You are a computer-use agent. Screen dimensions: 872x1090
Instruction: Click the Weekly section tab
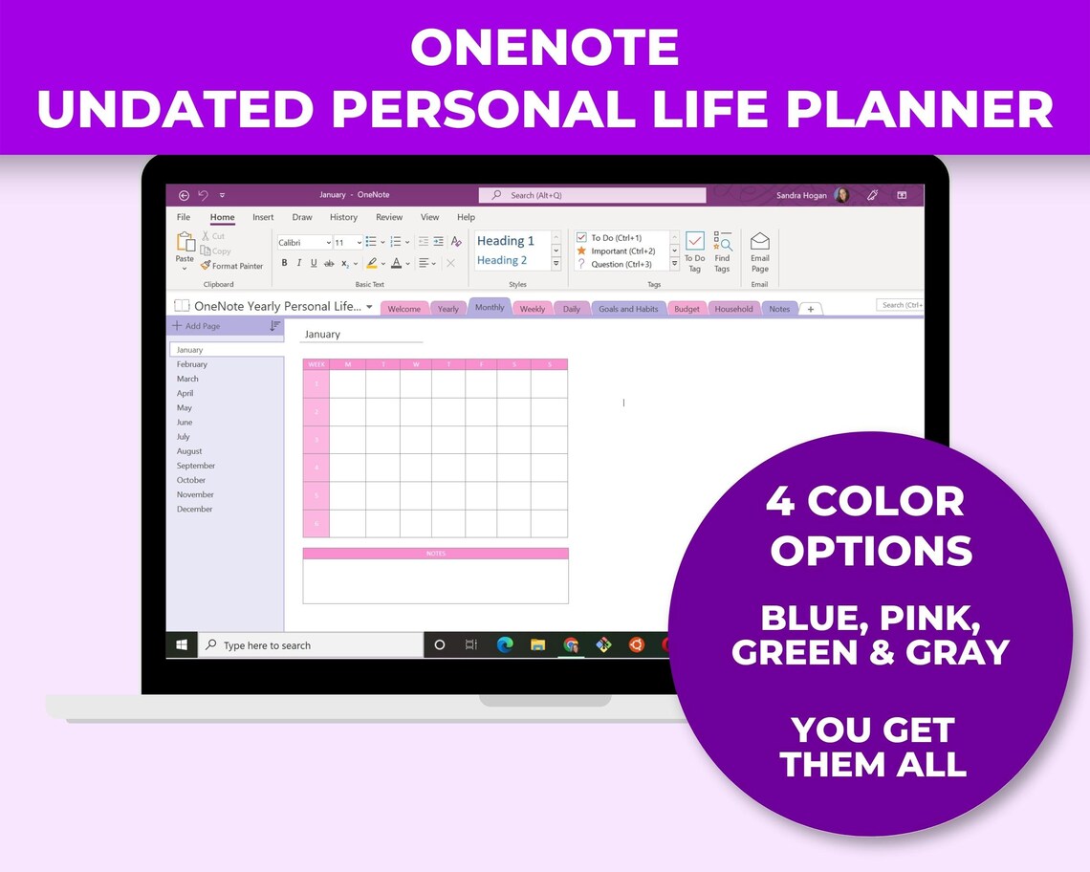(x=532, y=309)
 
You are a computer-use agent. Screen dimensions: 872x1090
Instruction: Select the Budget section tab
(x=687, y=309)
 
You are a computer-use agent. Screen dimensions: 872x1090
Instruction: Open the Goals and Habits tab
(x=628, y=309)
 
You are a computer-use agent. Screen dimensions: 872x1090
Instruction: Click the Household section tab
(x=733, y=309)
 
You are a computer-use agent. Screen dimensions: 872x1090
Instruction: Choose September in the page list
(x=196, y=466)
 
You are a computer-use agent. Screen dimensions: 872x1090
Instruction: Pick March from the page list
(x=187, y=379)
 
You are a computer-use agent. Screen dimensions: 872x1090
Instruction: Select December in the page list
(x=194, y=509)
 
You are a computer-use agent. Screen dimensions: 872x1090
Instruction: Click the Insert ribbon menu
(x=263, y=217)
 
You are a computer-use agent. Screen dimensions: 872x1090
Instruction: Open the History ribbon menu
(x=343, y=217)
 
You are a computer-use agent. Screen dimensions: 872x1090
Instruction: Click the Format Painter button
(x=232, y=266)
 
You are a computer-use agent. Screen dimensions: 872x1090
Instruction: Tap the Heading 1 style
(x=506, y=241)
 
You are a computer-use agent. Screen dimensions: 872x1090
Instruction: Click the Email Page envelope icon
(x=759, y=241)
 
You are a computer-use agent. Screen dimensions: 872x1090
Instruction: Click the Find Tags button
(x=722, y=251)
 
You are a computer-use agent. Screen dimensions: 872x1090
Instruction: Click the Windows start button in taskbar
(x=181, y=645)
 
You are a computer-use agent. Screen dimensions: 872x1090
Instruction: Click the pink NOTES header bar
(x=435, y=554)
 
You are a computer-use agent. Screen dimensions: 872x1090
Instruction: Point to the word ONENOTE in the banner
(x=545, y=48)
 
